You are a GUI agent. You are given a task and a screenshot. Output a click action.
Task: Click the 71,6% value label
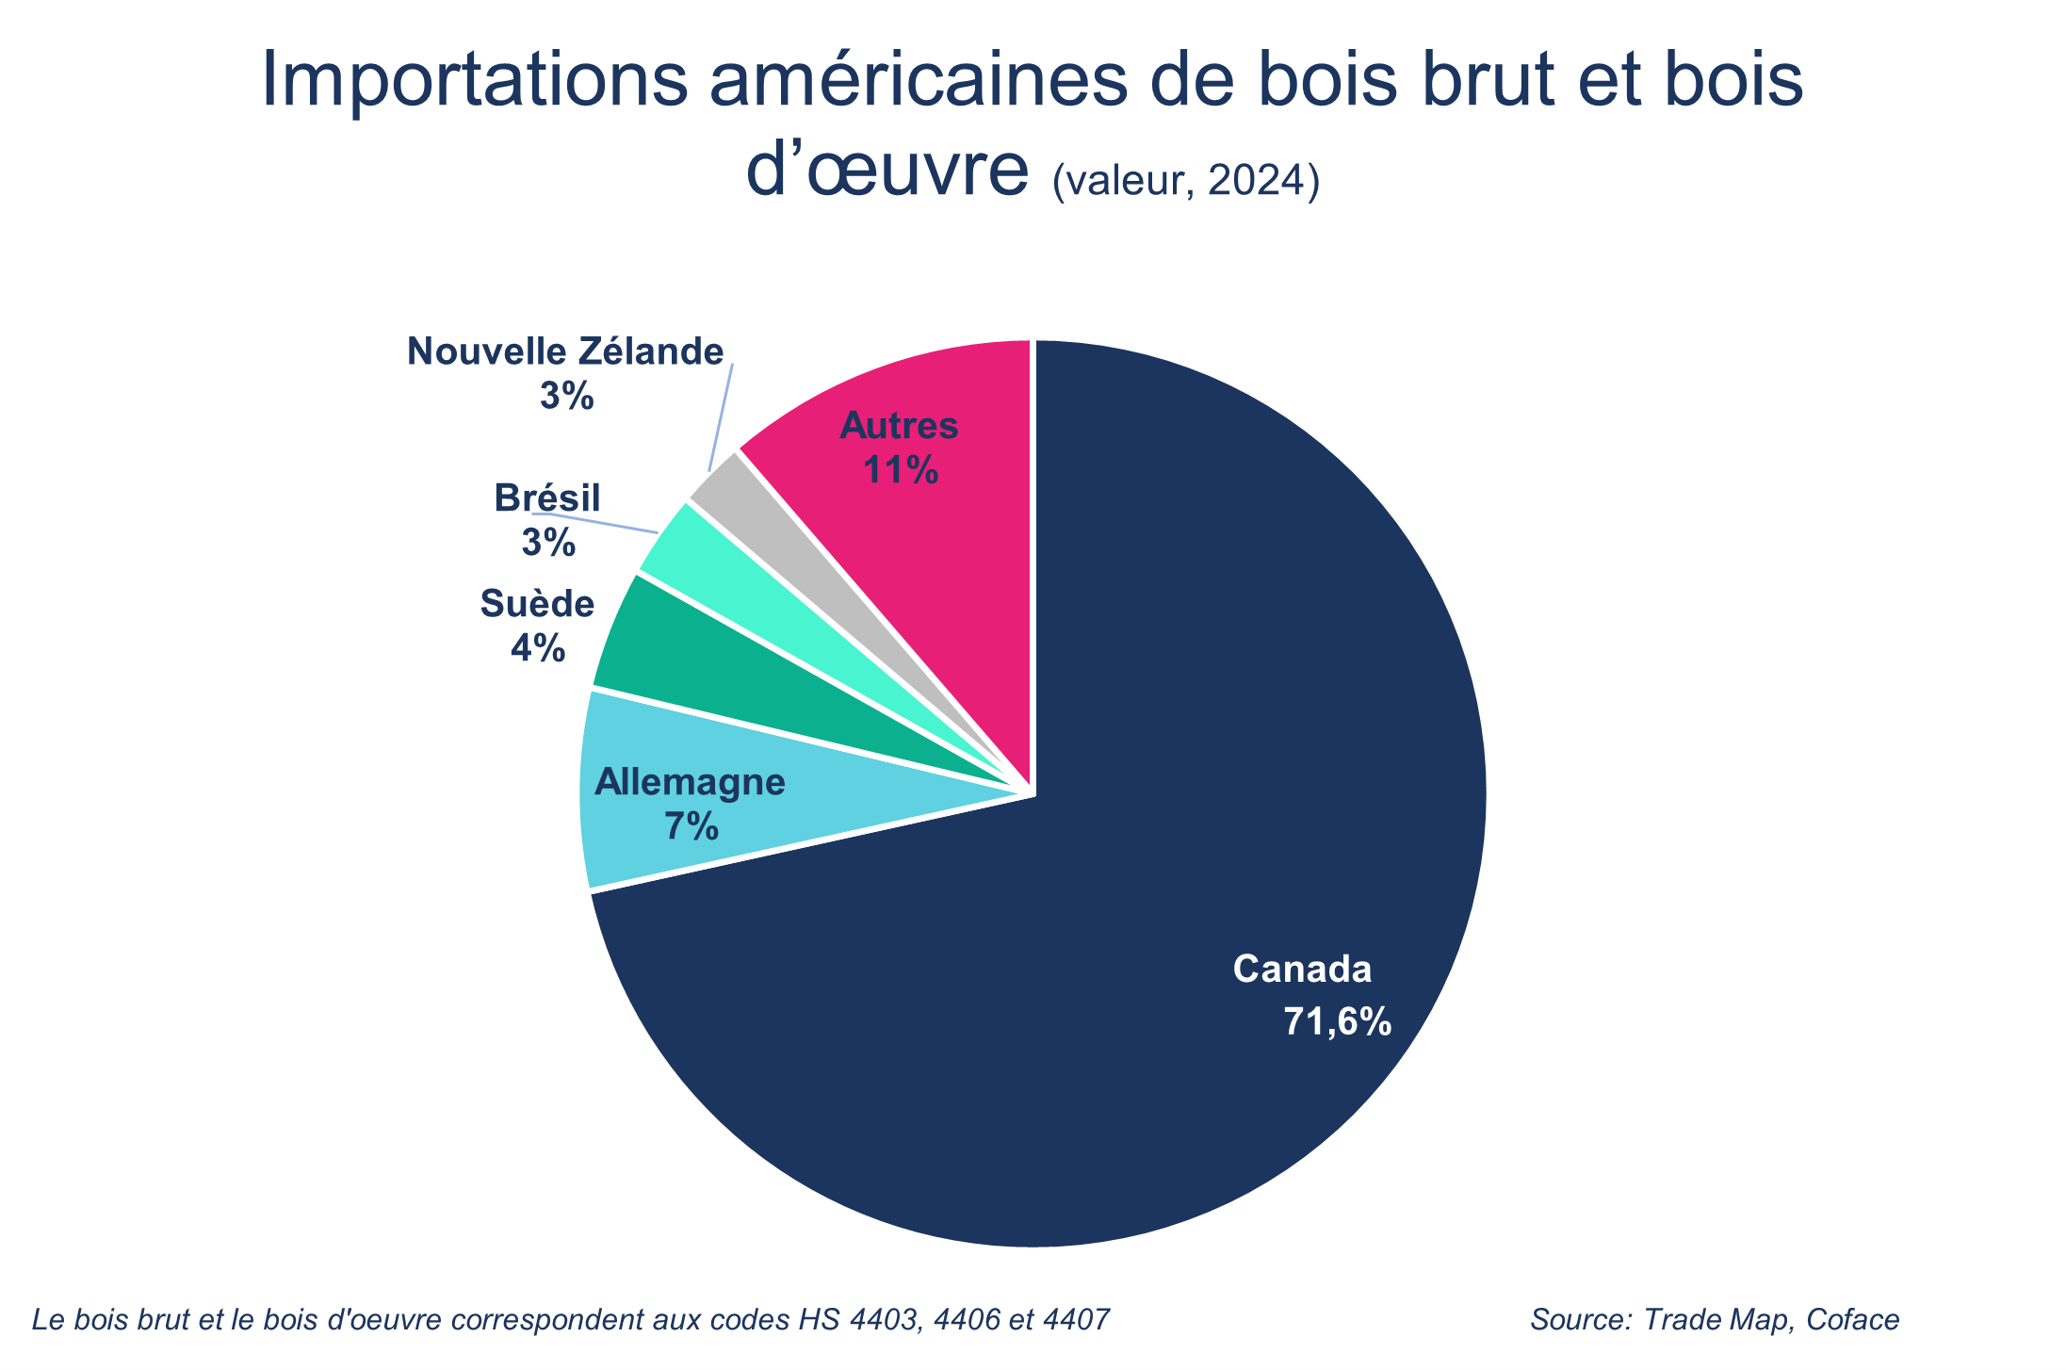pos(1337,1021)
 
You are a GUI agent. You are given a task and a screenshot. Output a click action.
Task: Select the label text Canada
pos(1302,969)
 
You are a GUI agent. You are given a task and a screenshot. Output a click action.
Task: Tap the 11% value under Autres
pos(901,469)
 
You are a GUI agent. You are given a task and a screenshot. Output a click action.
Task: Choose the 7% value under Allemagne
pos(691,826)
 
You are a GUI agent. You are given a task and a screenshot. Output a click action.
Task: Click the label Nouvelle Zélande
pos(565,351)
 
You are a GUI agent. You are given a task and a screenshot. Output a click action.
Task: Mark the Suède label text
pos(537,604)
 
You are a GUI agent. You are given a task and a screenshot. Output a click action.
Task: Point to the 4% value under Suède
pos(538,648)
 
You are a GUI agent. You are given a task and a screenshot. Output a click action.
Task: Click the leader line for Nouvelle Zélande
pos(721,415)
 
